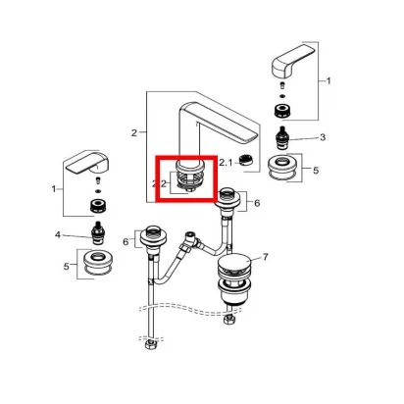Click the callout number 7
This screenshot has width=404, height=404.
click(x=265, y=257)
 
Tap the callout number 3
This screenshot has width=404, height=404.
click(x=323, y=137)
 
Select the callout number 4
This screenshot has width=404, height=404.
click(x=58, y=234)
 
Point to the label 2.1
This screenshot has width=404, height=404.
click(x=226, y=162)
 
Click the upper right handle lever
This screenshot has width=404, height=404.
click(x=293, y=61)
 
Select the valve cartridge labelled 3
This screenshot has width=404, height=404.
click(x=282, y=138)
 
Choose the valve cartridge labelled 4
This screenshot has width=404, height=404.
click(x=98, y=233)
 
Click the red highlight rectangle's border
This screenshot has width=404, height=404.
click(x=157, y=178)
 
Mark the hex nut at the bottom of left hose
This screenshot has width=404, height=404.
click(x=151, y=345)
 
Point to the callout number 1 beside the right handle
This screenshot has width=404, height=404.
click(x=328, y=80)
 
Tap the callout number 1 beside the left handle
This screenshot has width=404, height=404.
click(x=54, y=189)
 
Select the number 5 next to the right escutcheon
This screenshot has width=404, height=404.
click(x=316, y=171)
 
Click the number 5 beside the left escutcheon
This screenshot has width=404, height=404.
click(x=67, y=267)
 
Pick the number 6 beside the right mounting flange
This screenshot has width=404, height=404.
click(x=257, y=203)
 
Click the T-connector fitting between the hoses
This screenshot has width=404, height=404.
click(x=191, y=240)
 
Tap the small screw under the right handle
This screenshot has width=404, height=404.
click(x=282, y=85)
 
